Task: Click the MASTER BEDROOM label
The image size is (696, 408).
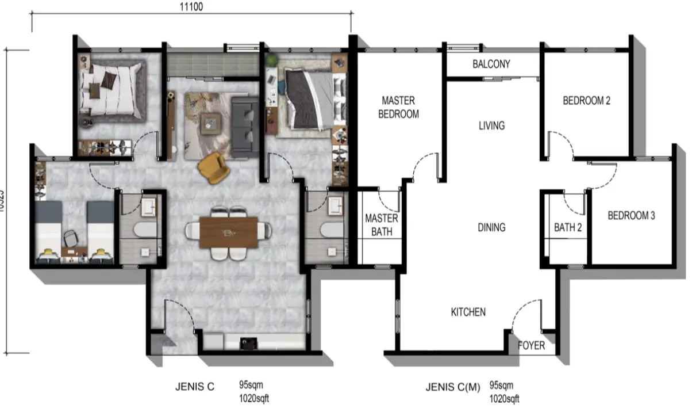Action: pos(398,108)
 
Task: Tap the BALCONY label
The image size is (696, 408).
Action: pos(491,64)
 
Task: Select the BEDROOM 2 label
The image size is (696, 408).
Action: pos(586,101)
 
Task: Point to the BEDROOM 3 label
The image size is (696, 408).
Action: pos(631,216)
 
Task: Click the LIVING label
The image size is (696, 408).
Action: pos(491,125)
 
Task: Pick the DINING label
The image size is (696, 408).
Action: pos(491,227)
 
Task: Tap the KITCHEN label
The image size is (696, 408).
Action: pos(468,312)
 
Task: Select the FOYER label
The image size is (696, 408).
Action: pos(531,346)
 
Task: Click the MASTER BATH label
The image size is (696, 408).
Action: pos(381,225)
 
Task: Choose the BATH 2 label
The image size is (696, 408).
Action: pos(567,228)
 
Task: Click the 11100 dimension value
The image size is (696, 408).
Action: pos(191,7)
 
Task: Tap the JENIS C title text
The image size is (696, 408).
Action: pos(194,387)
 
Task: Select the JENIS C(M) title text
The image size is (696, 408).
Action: pos(452,387)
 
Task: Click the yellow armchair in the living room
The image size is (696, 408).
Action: pos(213,166)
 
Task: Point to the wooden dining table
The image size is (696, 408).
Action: pos(229,232)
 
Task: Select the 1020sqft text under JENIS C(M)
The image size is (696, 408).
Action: pos(504,399)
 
